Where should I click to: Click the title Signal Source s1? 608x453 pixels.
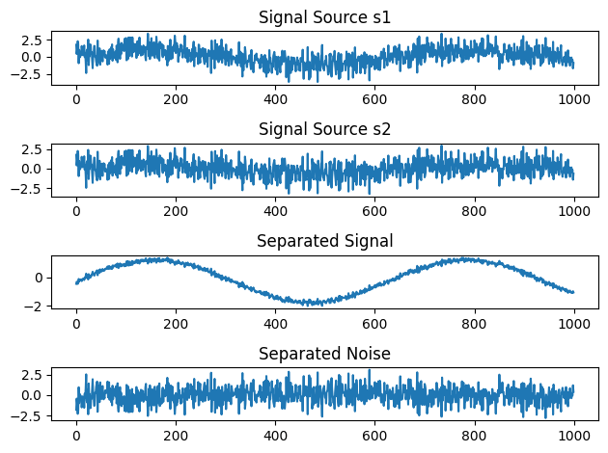pos(324,16)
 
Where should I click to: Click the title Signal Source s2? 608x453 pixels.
pos(324,129)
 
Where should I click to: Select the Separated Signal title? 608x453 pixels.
pos(324,241)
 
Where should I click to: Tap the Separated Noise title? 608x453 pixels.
pos(324,354)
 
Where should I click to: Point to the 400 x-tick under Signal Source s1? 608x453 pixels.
pos(275,98)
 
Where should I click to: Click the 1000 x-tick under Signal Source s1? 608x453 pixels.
pos(573,98)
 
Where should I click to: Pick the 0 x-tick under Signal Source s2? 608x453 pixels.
pos(76,211)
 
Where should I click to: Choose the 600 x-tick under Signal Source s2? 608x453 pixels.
pos(374,211)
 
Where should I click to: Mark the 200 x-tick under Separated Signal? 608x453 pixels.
pos(176,324)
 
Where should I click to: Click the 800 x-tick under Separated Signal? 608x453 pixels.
pos(474,324)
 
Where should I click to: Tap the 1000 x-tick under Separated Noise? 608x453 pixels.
pos(573,437)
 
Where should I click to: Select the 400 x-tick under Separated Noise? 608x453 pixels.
pos(275,437)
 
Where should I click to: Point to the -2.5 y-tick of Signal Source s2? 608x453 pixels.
pos(27,188)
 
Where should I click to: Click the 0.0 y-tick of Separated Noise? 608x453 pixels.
pos(30,395)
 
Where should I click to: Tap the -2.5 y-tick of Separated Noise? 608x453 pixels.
pos(27,416)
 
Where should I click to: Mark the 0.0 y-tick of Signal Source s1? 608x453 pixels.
pos(30,58)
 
